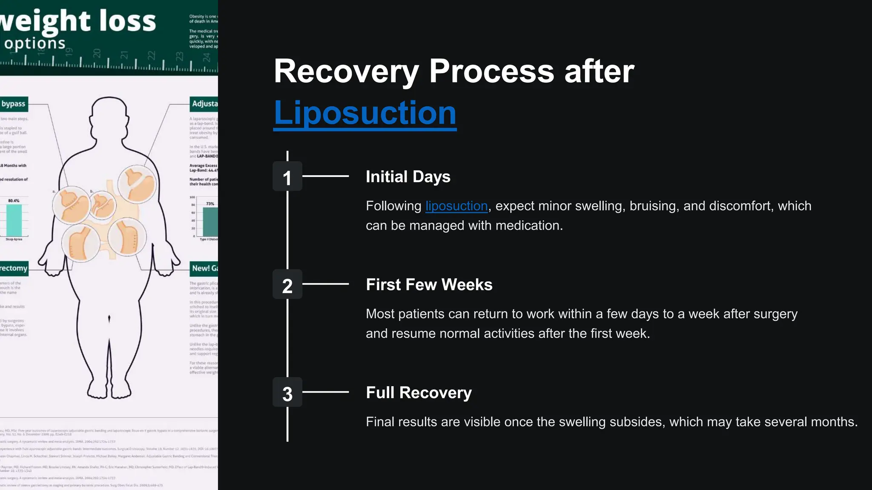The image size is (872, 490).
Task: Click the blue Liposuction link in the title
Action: (365, 113)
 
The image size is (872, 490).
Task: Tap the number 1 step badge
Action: (287, 176)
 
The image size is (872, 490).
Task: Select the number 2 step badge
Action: (287, 284)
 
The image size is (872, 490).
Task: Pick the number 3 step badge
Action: (287, 392)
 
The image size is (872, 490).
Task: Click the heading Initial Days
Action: (408, 177)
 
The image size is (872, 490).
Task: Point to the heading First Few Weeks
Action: (429, 285)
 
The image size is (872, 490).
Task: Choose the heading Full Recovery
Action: (419, 393)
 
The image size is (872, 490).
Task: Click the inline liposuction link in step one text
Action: (456, 206)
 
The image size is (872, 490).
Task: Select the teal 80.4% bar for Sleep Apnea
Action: (14, 220)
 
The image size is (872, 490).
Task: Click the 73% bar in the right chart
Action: (210, 222)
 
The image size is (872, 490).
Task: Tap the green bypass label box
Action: (13, 104)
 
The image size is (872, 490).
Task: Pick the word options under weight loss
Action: (35, 43)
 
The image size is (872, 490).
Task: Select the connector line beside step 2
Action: (325, 284)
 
